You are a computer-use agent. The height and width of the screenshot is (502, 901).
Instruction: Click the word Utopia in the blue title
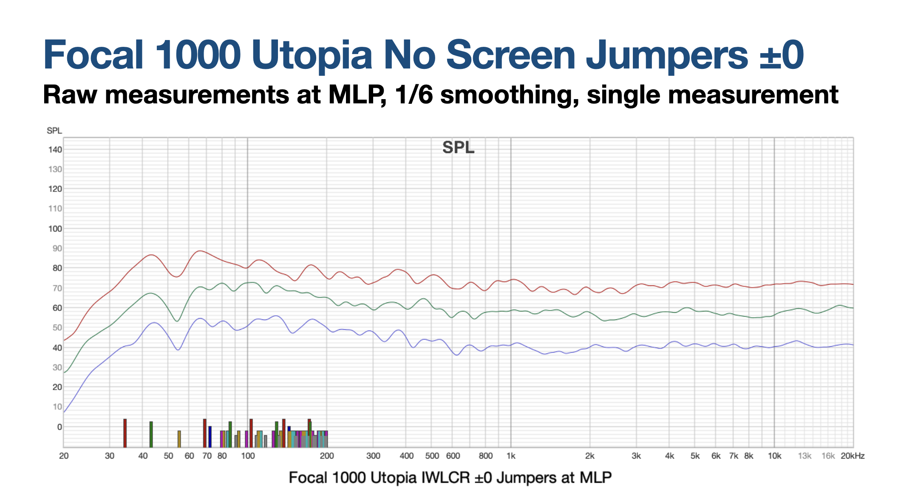tap(312, 55)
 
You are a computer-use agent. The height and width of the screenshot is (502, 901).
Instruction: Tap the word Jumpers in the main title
tap(667, 55)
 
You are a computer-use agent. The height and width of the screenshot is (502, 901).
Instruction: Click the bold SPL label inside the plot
tap(458, 148)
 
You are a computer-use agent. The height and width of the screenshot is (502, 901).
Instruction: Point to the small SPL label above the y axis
tap(54, 131)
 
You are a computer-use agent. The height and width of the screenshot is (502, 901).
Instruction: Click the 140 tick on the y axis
tap(55, 150)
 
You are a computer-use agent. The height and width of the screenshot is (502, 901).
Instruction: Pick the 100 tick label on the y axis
tap(55, 229)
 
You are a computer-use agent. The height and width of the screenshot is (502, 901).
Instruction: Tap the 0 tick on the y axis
tap(59, 427)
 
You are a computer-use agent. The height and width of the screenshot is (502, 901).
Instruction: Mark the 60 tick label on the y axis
tap(57, 308)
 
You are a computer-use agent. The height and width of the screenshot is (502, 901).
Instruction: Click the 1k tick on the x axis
tap(511, 456)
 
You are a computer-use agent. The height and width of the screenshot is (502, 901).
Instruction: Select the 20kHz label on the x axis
tap(853, 456)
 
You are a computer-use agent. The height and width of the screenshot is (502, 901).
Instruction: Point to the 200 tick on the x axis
tap(327, 456)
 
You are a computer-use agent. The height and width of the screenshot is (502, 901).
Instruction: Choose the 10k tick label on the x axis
tap(774, 456)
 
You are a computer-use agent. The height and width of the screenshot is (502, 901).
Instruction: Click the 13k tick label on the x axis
tap(805, 456)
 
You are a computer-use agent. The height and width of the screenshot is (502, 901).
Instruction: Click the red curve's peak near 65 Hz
tap(200, 251)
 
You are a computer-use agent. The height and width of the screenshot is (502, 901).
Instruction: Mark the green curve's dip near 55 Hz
tap(178, 321)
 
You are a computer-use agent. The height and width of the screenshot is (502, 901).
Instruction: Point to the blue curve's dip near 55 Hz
tap(178, 350)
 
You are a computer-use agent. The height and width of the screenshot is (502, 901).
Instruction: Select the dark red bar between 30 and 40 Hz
tap(125, 433)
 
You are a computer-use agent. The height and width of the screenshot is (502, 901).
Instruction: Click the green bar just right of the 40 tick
tap(151, 434)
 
